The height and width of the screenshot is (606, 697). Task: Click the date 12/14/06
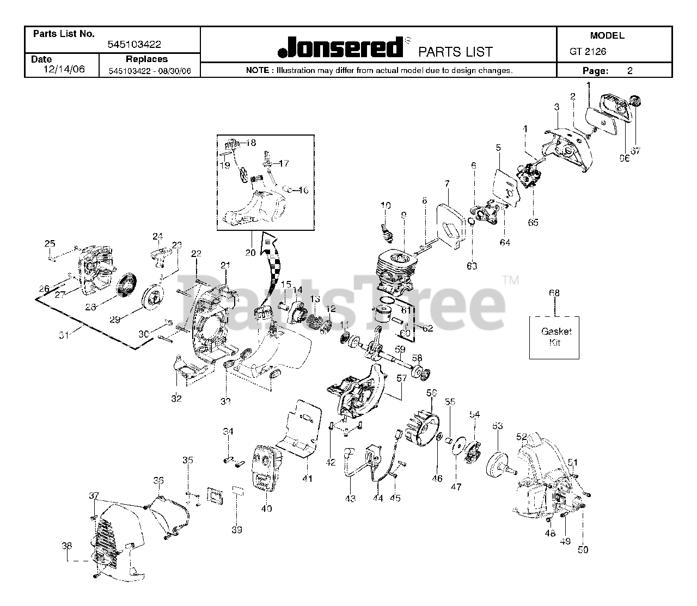[64, 70]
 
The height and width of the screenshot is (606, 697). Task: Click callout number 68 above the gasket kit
[554, 293]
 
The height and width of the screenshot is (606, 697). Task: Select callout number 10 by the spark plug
[386, 205]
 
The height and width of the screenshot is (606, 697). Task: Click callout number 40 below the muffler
[266, 509]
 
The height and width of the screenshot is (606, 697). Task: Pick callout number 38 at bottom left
[66, 545]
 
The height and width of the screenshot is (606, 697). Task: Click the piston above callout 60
[384, 315]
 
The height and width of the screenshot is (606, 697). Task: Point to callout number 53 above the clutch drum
[497, 426]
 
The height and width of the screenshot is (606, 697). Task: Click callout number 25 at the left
[50, 243]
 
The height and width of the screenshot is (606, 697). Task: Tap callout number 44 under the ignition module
[378, 498]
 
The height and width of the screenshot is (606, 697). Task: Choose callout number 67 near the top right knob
[635, 151]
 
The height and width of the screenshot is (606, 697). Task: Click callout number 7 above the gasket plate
[447, 183]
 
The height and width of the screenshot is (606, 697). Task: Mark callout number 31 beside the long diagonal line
[65, 336]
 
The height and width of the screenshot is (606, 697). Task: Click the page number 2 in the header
[630, 70]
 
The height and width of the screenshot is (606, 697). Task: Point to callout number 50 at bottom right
[583, 550]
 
